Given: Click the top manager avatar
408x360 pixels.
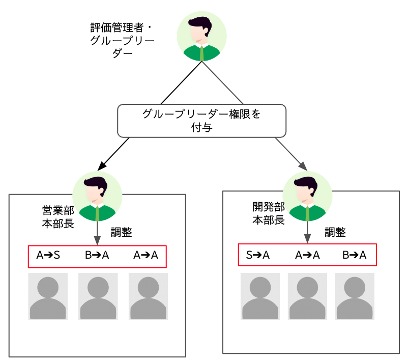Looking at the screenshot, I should (x=201, y=37).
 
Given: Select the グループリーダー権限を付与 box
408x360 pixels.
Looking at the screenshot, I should (x=201, y=121).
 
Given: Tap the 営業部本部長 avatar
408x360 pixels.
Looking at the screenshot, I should (x=97, y=196).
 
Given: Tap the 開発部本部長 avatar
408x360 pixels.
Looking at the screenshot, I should (x=307, y=196).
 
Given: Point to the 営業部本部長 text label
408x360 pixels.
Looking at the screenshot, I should (x=58, y=217).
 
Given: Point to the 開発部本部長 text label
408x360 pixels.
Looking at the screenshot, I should (x=268, y=213).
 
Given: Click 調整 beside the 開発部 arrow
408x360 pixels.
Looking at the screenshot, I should (x=335, y=233).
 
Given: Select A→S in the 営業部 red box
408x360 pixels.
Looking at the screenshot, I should (x=48, y=256).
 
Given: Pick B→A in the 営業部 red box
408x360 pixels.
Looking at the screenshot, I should (x=97, y=256).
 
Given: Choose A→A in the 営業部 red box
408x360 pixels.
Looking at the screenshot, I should (x=146, y=256).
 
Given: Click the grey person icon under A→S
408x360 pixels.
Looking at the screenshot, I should (x=48, y=296).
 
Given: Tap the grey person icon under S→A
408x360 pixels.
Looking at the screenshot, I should (x=260, y=296).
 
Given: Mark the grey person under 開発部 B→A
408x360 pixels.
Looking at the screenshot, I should (x=355, y=296).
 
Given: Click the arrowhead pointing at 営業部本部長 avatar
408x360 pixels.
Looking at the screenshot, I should (x=101, y=165).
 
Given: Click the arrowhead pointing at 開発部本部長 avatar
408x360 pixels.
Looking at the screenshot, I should (x=303, y=166).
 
